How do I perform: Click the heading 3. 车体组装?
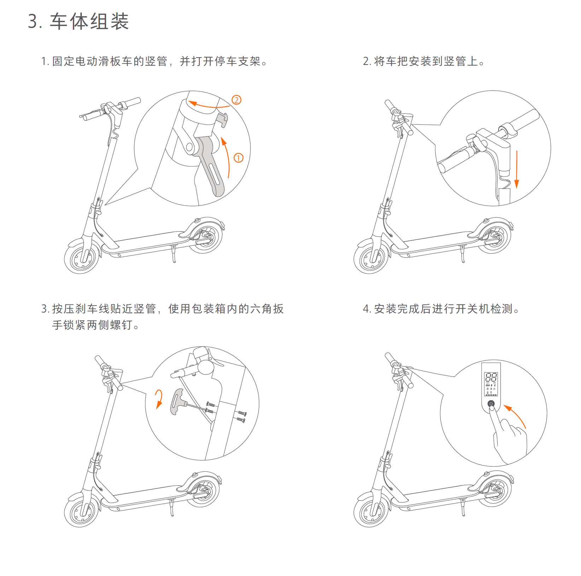point(78,21)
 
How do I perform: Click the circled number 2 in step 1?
point(237,100)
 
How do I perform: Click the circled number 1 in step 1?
point(239,158)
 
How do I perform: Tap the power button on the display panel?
point(491,404)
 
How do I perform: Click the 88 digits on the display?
point(491,377)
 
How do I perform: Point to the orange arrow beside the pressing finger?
point(516,415)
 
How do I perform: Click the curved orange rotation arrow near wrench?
point(160,398)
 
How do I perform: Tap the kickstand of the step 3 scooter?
point(172,508)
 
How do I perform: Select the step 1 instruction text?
point(154,61)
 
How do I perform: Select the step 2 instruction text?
point(424,61)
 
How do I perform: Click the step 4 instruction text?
point(441,309)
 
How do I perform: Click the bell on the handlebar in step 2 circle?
point(472,139)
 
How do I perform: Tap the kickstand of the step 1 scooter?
point(174,254)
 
